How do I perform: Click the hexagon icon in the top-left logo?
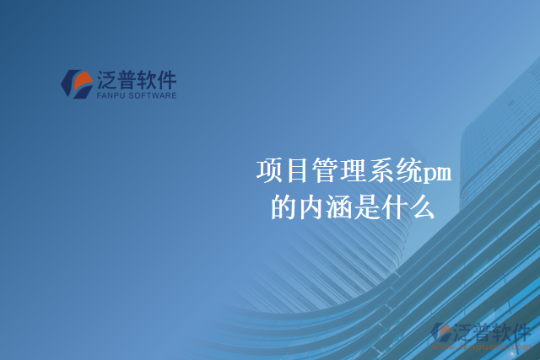[x=77, y=83]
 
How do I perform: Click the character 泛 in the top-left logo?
[x=107, y=80]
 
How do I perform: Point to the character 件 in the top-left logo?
[x=166, y=80]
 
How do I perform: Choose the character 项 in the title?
[x=270, y=171]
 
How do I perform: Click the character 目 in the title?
[x=298, y=171]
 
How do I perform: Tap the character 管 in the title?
[x=326, y=171]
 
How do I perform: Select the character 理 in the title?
[x=354, y=171]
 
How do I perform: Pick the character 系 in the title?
[x=381, y=171]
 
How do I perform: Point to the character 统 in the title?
[x=409, y=171]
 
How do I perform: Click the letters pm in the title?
[x=436, y=173]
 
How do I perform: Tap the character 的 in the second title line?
[x=284, y=207]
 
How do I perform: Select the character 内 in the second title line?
[x=312, y=207]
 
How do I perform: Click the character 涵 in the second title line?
[x=340, y=207]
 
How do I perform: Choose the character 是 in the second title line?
[x=368, y=207]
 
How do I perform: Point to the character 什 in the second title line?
[x=396, y=207]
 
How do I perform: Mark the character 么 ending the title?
[x=423, y=207]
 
